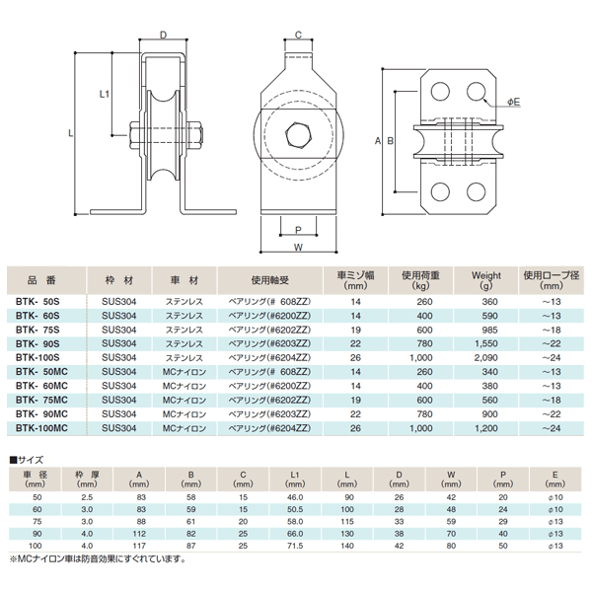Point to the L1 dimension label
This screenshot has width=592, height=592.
point(106,95)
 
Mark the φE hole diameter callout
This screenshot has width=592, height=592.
point(514,102)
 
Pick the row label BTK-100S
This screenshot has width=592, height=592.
point(38,357)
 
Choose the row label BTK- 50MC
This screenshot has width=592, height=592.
point(41,372)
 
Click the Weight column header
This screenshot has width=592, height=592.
point(485,275)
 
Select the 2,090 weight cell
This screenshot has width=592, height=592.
point(485,357)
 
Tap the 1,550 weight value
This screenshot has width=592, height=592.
point(485,343)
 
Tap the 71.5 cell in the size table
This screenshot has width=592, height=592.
point(293,544)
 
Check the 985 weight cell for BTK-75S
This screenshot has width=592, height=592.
point(485,330)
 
